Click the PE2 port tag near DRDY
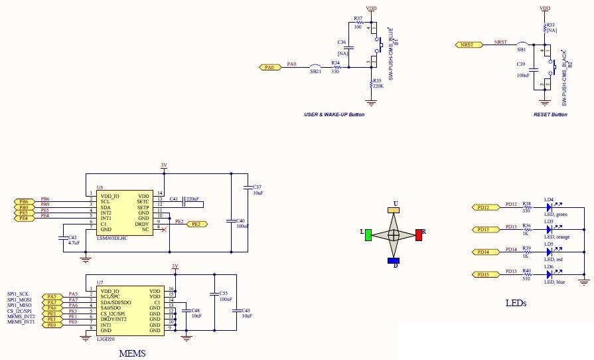(196, 225)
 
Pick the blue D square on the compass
(394, 260)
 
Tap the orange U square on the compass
(394, 209)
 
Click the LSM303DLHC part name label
(113, 237)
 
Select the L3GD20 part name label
(106, 339)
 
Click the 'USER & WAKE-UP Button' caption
(334, 115)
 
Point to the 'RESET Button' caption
(550, 115)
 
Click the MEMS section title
(131, 353)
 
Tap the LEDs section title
(515, 303)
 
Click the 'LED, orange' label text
(557, 236)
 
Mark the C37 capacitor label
(258, 189)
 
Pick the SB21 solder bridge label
(315, 72)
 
